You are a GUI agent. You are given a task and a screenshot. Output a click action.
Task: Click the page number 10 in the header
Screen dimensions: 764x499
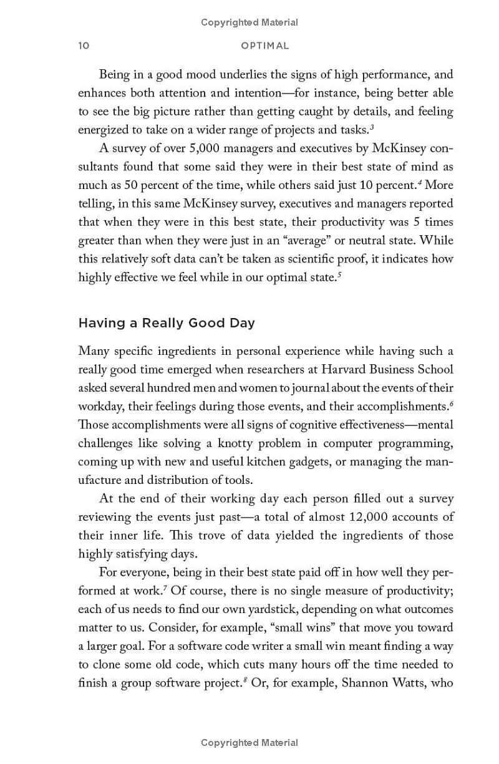pyautogui.click(x=84, y=46)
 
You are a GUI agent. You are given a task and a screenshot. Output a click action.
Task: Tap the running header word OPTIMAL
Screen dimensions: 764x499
pyautogui.click(x=265, y=46)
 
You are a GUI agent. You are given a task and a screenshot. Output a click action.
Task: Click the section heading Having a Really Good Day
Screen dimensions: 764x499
pyautogui.click(x=166, y=323)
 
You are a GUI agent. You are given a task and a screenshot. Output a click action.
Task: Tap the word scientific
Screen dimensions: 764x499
pyautogui.click(x=303, y=259)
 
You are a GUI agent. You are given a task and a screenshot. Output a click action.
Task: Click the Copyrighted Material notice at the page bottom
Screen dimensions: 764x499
pyautogui.click(x=249, y=743)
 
